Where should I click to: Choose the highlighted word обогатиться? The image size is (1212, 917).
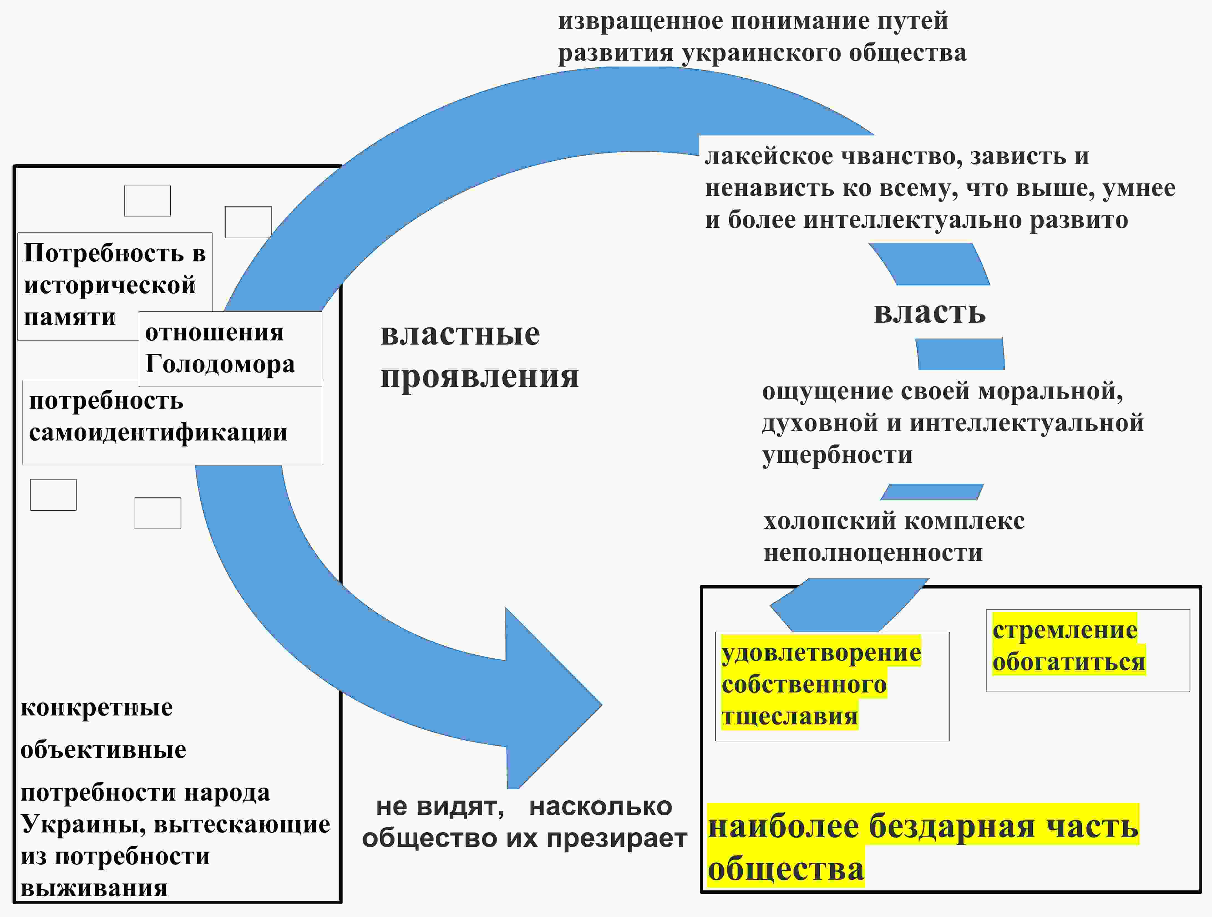click(x=1068, y=662)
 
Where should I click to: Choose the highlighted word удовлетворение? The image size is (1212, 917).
click(x=821, y=653)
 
